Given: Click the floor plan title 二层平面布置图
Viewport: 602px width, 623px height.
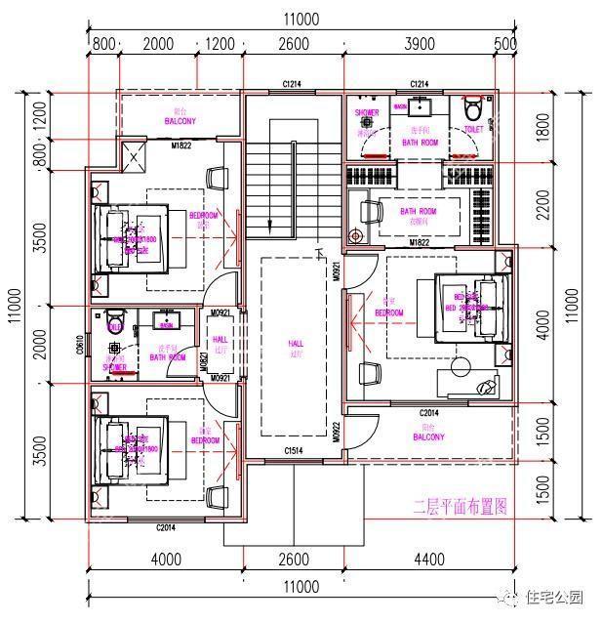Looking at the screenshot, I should click(461, 506).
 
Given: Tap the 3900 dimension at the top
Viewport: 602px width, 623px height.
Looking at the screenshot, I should click(420, 43).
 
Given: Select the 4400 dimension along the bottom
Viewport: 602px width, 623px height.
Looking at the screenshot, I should click(429, 560).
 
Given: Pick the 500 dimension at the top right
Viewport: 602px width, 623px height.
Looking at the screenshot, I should click(505, 43).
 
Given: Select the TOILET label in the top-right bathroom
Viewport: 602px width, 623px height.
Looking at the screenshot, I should click(473, 128).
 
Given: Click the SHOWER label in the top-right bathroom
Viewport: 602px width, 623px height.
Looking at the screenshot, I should click(367, 113).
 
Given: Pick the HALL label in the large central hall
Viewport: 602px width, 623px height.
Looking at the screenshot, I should click(295, 344).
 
